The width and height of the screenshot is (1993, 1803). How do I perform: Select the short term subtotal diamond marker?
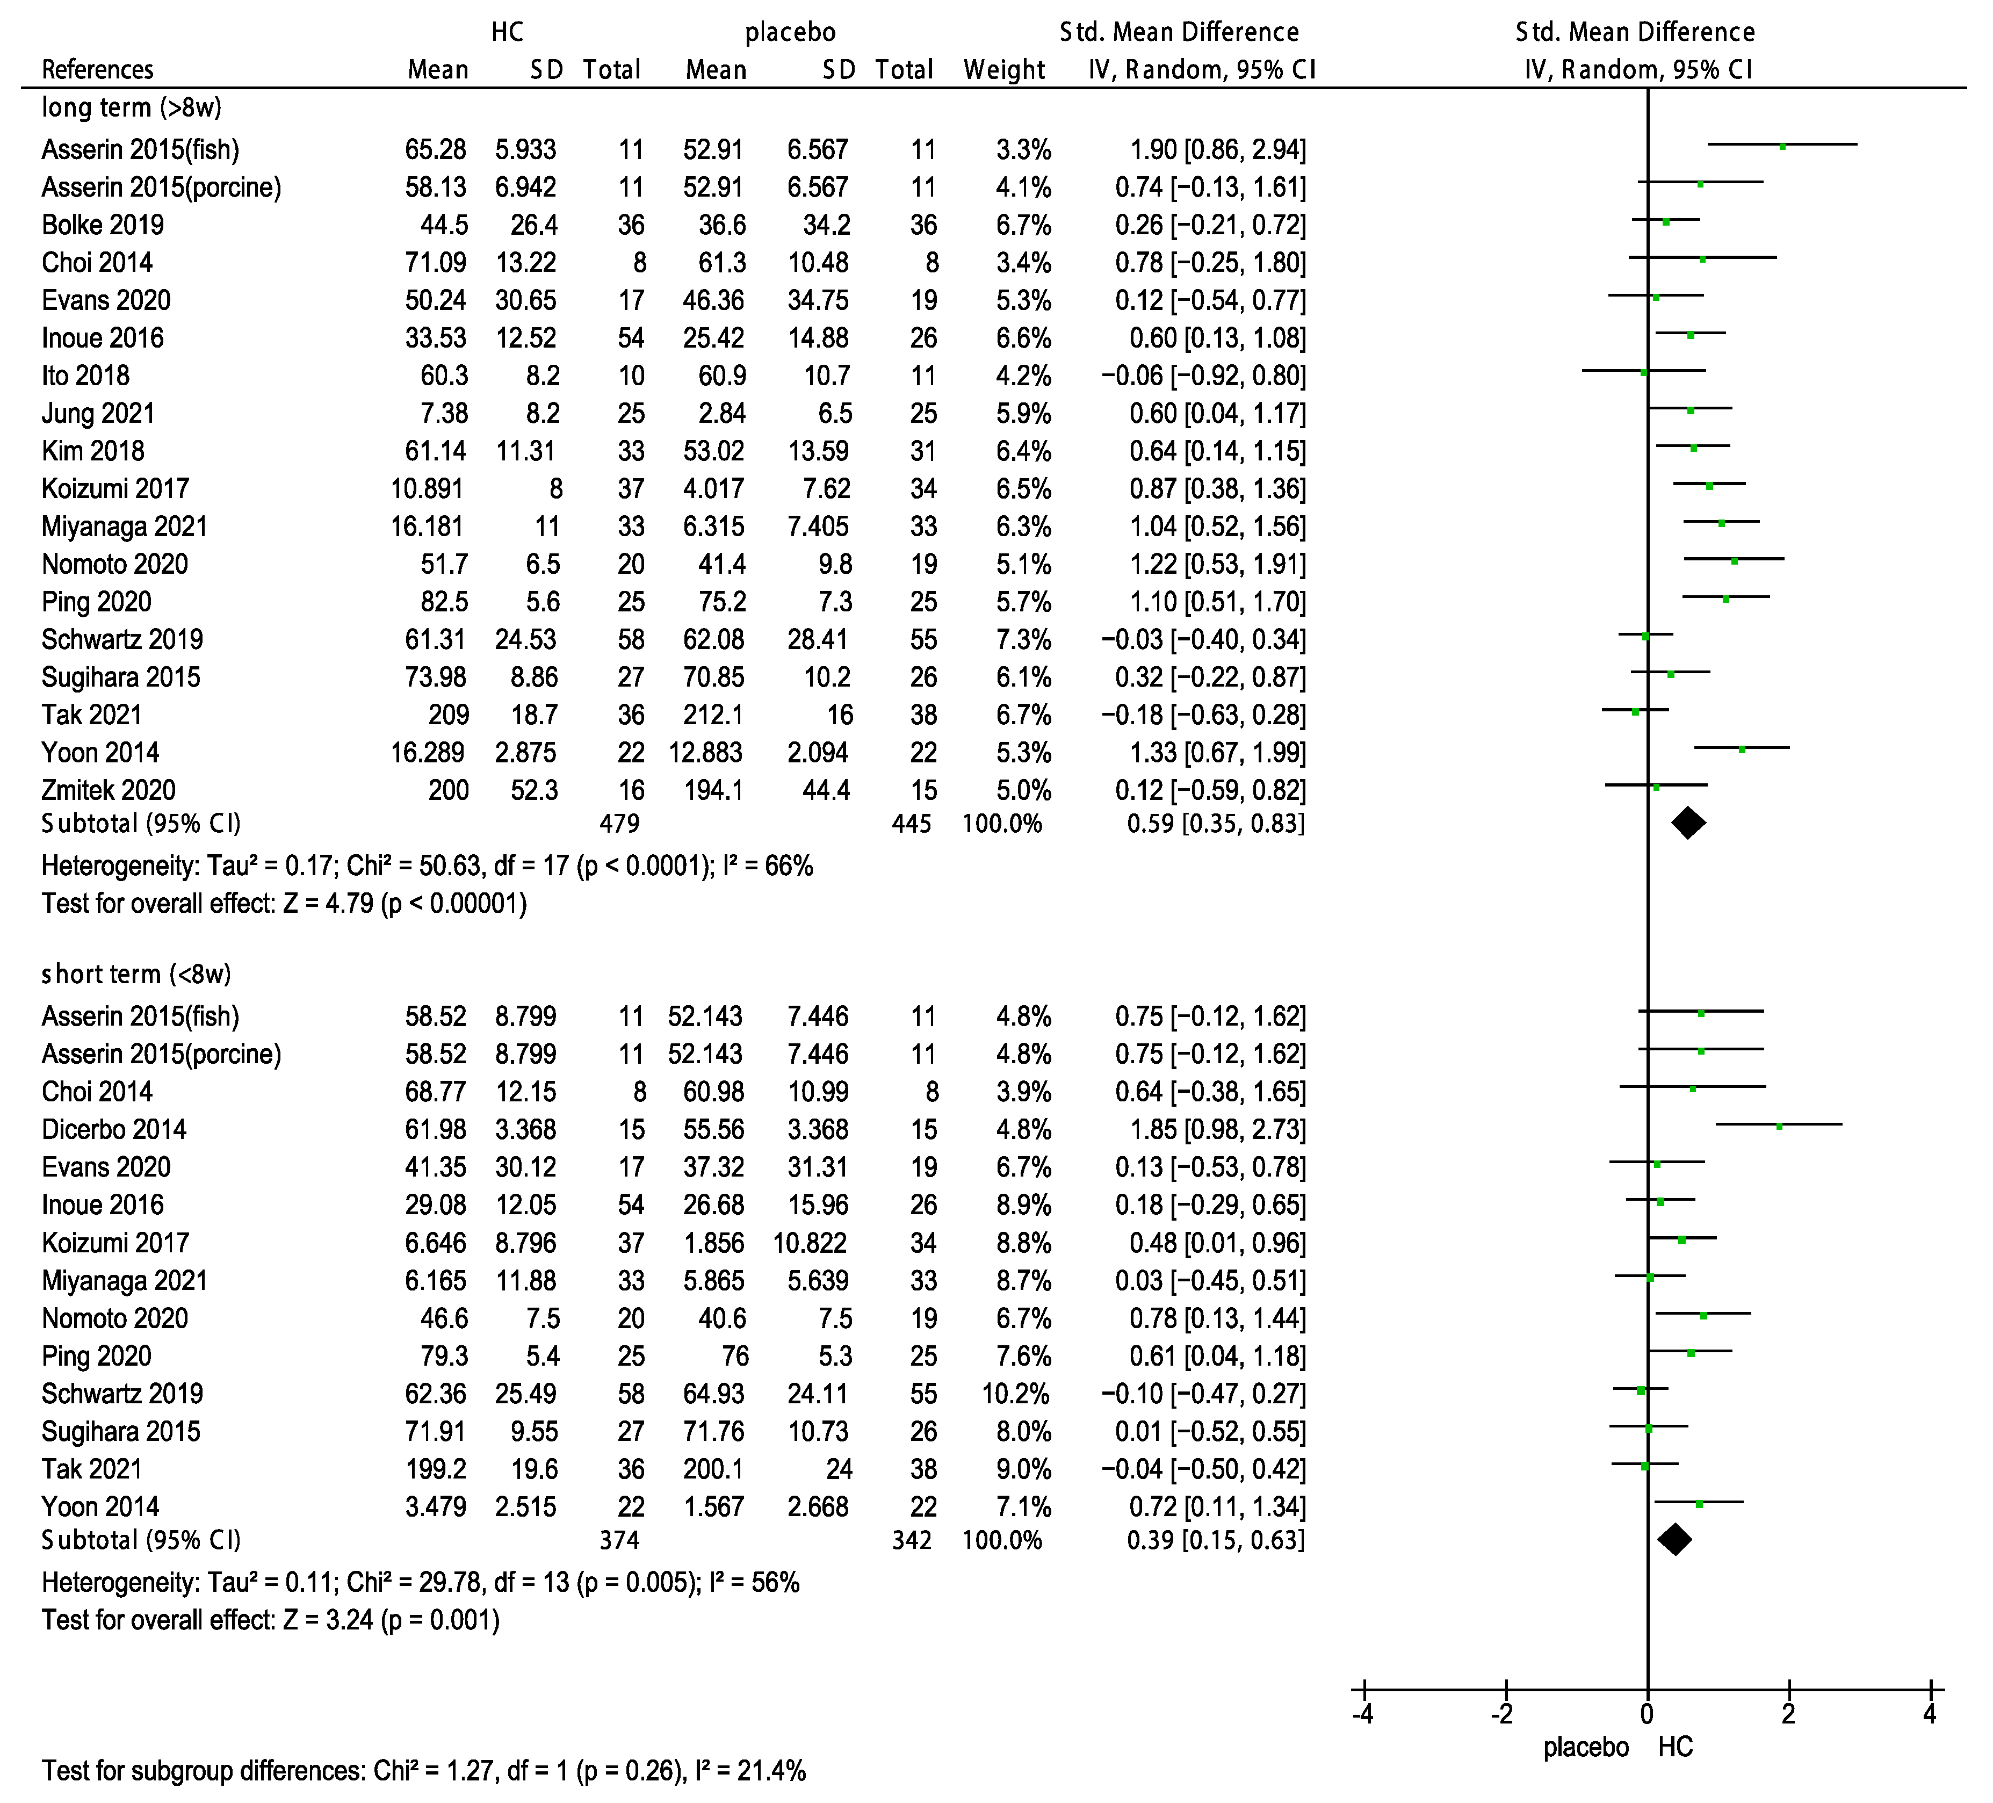click(x=1674, y=1539)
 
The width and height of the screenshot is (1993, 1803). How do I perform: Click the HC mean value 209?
click(x=449, y=715)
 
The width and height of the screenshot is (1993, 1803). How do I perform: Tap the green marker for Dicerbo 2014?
click(x=1779, y=1126)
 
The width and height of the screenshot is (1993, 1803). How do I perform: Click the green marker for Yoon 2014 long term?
click(x=1742, y=749)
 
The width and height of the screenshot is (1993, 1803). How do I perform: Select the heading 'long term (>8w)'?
click(x=132, y=107)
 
